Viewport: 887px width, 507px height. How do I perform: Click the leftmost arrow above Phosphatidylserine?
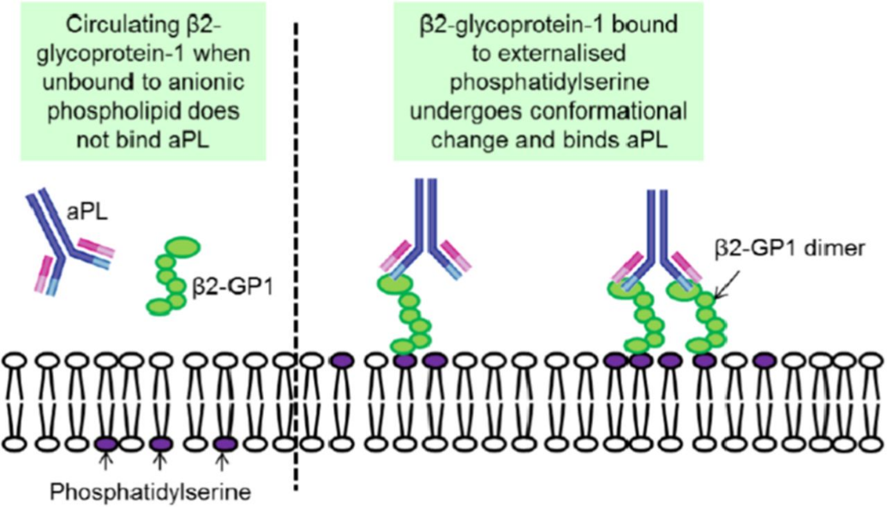pos(106,463)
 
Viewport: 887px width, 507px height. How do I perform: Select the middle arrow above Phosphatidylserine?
pos(159,463)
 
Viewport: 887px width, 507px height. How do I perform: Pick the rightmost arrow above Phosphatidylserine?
pos(223,463)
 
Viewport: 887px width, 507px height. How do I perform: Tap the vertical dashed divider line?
pos(297,257)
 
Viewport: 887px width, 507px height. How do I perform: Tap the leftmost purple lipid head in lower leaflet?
pos(106,444)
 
